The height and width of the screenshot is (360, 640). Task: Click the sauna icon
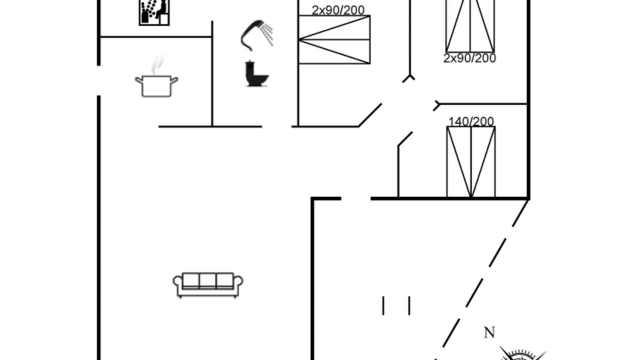tap(154, 12)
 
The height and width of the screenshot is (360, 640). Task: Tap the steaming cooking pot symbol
tap(156, 76)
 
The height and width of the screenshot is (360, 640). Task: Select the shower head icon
tap(256, 35)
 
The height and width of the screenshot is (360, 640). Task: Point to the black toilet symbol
tap(256, 73)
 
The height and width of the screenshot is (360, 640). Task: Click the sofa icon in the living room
tap(208, 285)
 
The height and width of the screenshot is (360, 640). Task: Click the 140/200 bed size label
tap(471, 121)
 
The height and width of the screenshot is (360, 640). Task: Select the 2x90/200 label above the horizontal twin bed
tap(338, 10)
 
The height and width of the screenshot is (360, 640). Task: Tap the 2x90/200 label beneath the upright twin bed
tap(469, 58)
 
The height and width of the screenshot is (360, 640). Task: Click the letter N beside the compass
tap(489, 332)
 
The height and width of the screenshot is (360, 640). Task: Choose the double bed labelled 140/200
tap(471, 162)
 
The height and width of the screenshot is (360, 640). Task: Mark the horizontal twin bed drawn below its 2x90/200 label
tap(334, 39)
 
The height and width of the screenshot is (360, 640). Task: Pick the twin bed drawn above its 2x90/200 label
tap(470, 26)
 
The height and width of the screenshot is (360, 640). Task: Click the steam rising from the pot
tap(157, 65)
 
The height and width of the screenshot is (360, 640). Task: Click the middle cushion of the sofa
tap(207, 280)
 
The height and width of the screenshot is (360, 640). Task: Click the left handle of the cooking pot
tap(139, 80)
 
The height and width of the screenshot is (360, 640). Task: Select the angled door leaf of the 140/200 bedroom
tap(405, 139)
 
